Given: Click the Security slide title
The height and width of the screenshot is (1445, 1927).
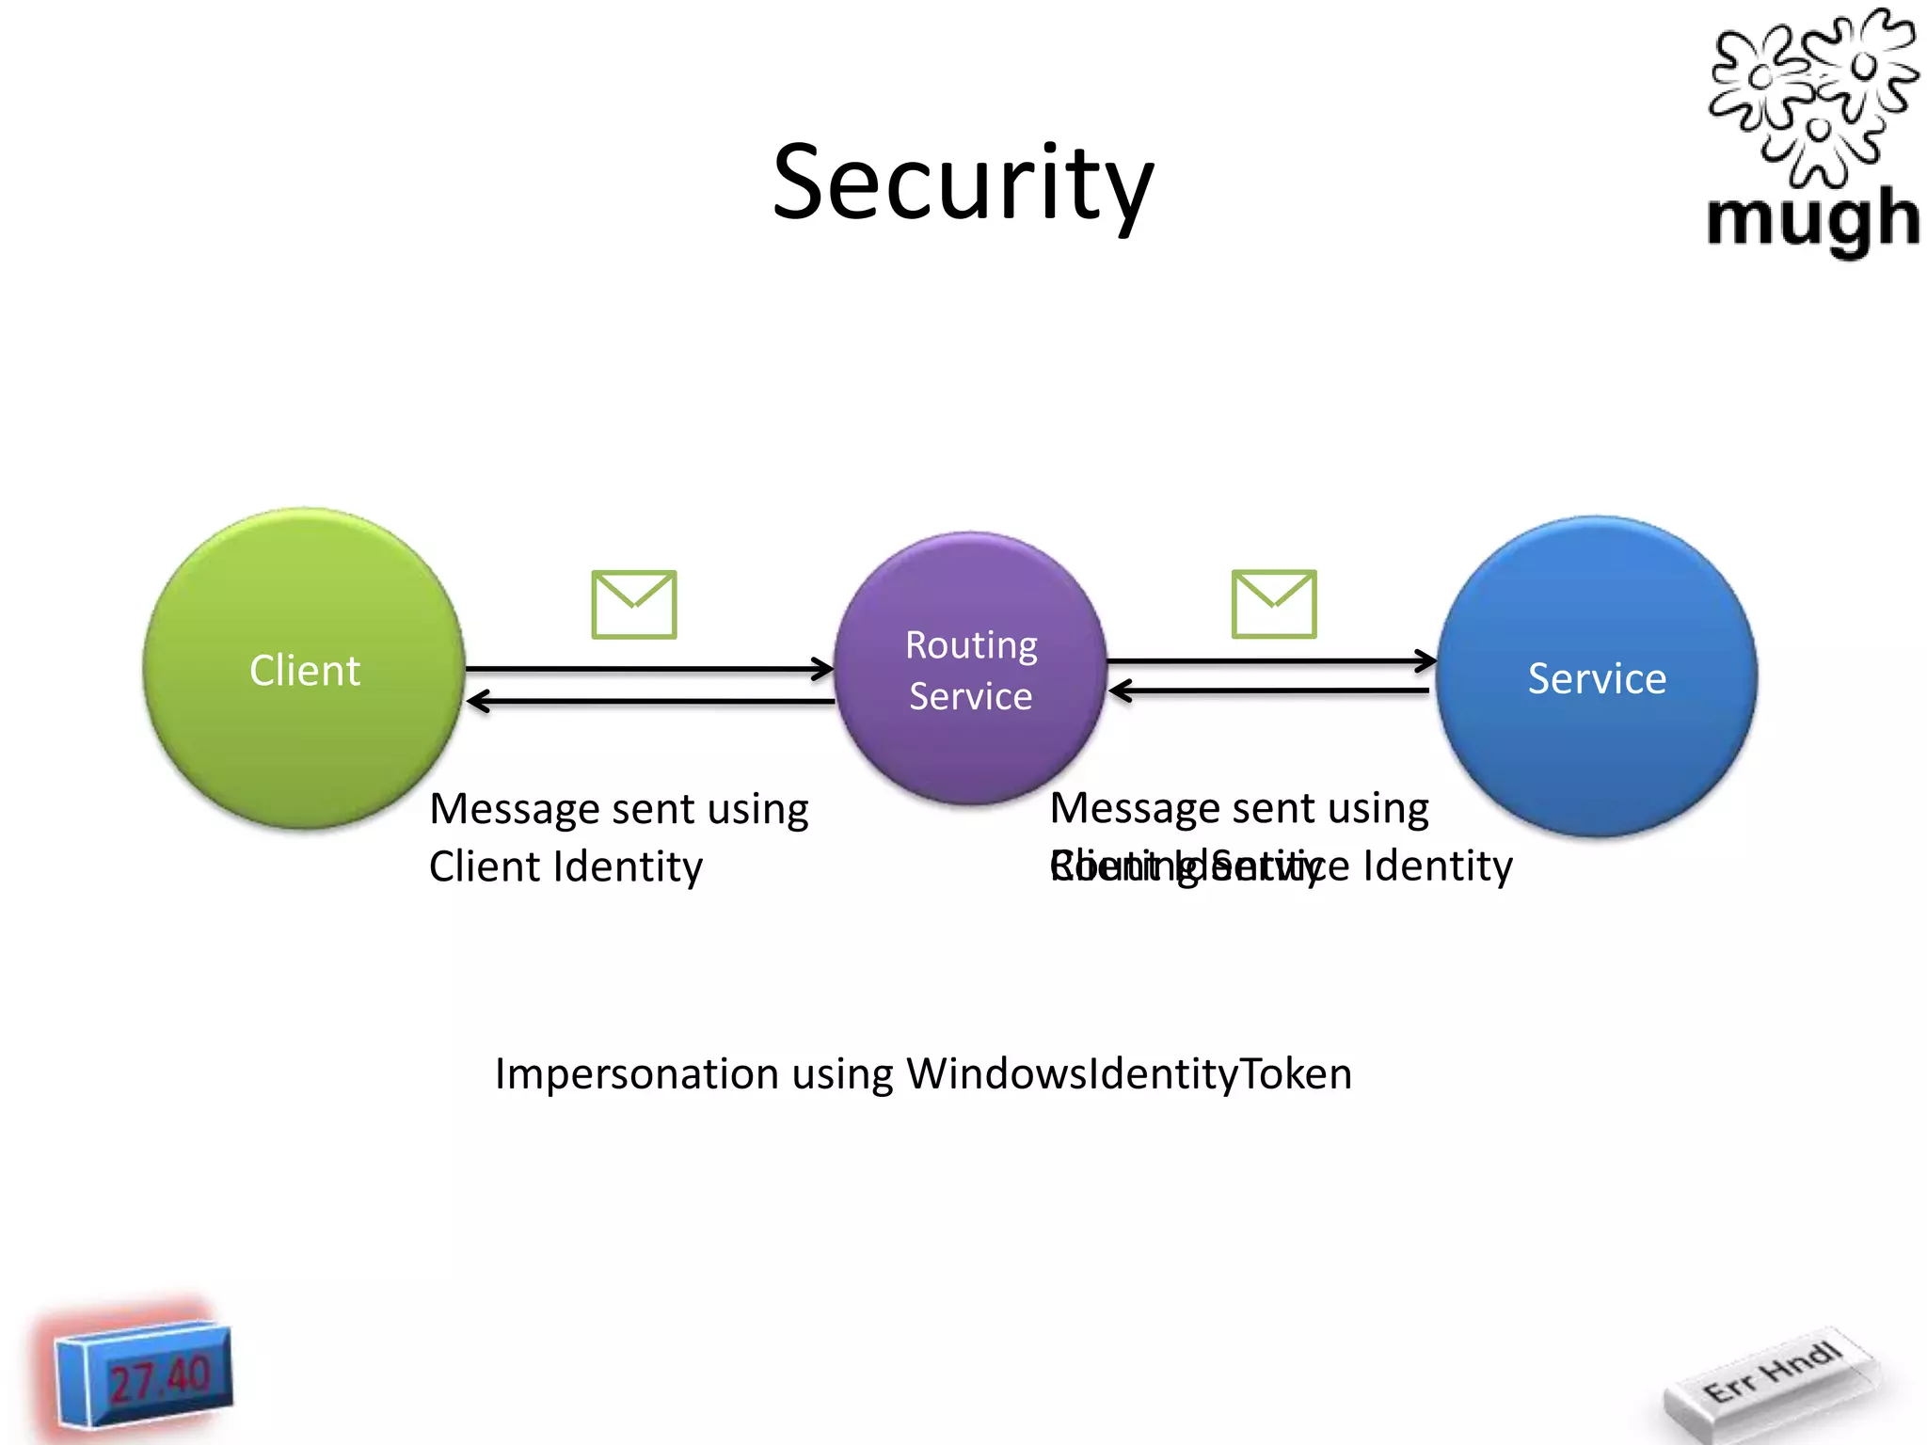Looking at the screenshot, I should pyautogui.click(x=963, y=183).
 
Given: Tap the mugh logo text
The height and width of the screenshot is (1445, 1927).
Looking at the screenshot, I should pyautogui.click(x=1812, y=219).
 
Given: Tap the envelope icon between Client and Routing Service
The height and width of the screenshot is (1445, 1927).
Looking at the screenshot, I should pyautogui.click(x=634, y=605).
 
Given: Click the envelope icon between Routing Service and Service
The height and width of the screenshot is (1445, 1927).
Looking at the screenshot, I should pyautogui.click(x=1274, y=604).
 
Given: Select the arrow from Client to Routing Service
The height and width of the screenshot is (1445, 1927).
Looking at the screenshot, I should pyautogui.click(x=649, y=669).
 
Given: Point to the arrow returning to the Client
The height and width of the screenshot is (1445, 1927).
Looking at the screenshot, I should pyautogui.click(x=649, y=701).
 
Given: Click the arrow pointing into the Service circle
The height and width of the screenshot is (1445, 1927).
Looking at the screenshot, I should pyautogui.click(x=1270, y=661).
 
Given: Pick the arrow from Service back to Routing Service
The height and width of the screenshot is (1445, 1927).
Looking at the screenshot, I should pyautogui.click(x=1270, y=691).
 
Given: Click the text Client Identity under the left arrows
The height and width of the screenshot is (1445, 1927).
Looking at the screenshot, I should pyautogui.click(x=565, y=866).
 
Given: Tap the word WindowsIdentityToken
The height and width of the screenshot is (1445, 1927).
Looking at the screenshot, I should pyautogui.click(x=1129, y=1073).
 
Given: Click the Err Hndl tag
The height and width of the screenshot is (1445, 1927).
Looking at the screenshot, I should pyautogui.click(x=1771, y=1374).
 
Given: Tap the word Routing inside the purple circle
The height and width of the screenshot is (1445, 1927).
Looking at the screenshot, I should pyautogui.click(x=971, y=645).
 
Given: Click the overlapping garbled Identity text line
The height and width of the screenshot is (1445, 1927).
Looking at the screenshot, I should pyautogui.click(x=1281, y=865).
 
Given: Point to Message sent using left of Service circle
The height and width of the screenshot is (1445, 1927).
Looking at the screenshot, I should pyautogui.click(x=1239, y=808).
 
